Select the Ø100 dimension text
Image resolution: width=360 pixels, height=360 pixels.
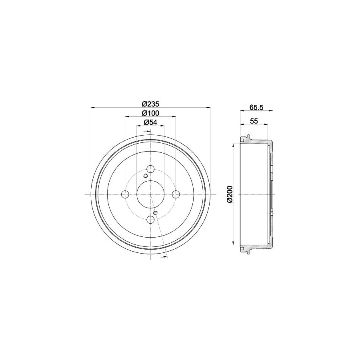150,113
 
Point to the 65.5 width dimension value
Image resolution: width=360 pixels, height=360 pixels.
256,107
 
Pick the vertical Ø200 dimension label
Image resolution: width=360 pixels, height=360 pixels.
228,194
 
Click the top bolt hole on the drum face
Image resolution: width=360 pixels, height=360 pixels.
150,168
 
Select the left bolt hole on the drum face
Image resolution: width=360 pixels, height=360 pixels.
125,194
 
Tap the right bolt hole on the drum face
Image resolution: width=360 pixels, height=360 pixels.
176,194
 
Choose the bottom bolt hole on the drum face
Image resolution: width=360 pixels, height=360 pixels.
150,220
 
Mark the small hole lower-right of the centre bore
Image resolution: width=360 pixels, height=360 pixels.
156,212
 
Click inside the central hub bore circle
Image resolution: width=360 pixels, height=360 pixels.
150,194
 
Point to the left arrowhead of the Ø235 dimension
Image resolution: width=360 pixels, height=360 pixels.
94,107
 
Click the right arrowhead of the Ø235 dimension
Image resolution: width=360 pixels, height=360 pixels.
208,107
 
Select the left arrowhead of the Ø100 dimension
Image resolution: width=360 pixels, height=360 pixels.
127,116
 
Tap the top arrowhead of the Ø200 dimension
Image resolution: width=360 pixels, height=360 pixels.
233,146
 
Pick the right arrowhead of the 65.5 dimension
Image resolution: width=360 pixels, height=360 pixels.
271,110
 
